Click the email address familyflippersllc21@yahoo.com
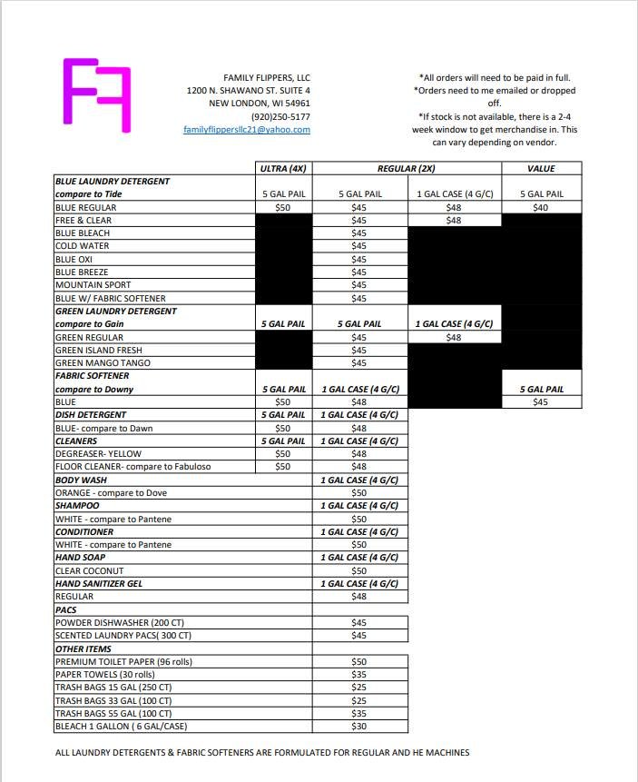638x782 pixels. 247,130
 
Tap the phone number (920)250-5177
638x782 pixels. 280,116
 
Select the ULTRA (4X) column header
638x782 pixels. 286,168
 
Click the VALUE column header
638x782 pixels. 541,168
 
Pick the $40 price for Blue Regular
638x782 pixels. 541,207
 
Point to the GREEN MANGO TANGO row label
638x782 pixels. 103,363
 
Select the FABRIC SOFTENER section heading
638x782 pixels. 92,376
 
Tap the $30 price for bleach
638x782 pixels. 358,727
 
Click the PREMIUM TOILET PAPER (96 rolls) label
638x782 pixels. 123,662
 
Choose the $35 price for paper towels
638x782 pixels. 358,675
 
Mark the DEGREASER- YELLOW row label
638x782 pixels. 98,454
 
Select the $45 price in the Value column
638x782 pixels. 541,402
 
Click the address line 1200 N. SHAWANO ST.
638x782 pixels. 248,91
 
